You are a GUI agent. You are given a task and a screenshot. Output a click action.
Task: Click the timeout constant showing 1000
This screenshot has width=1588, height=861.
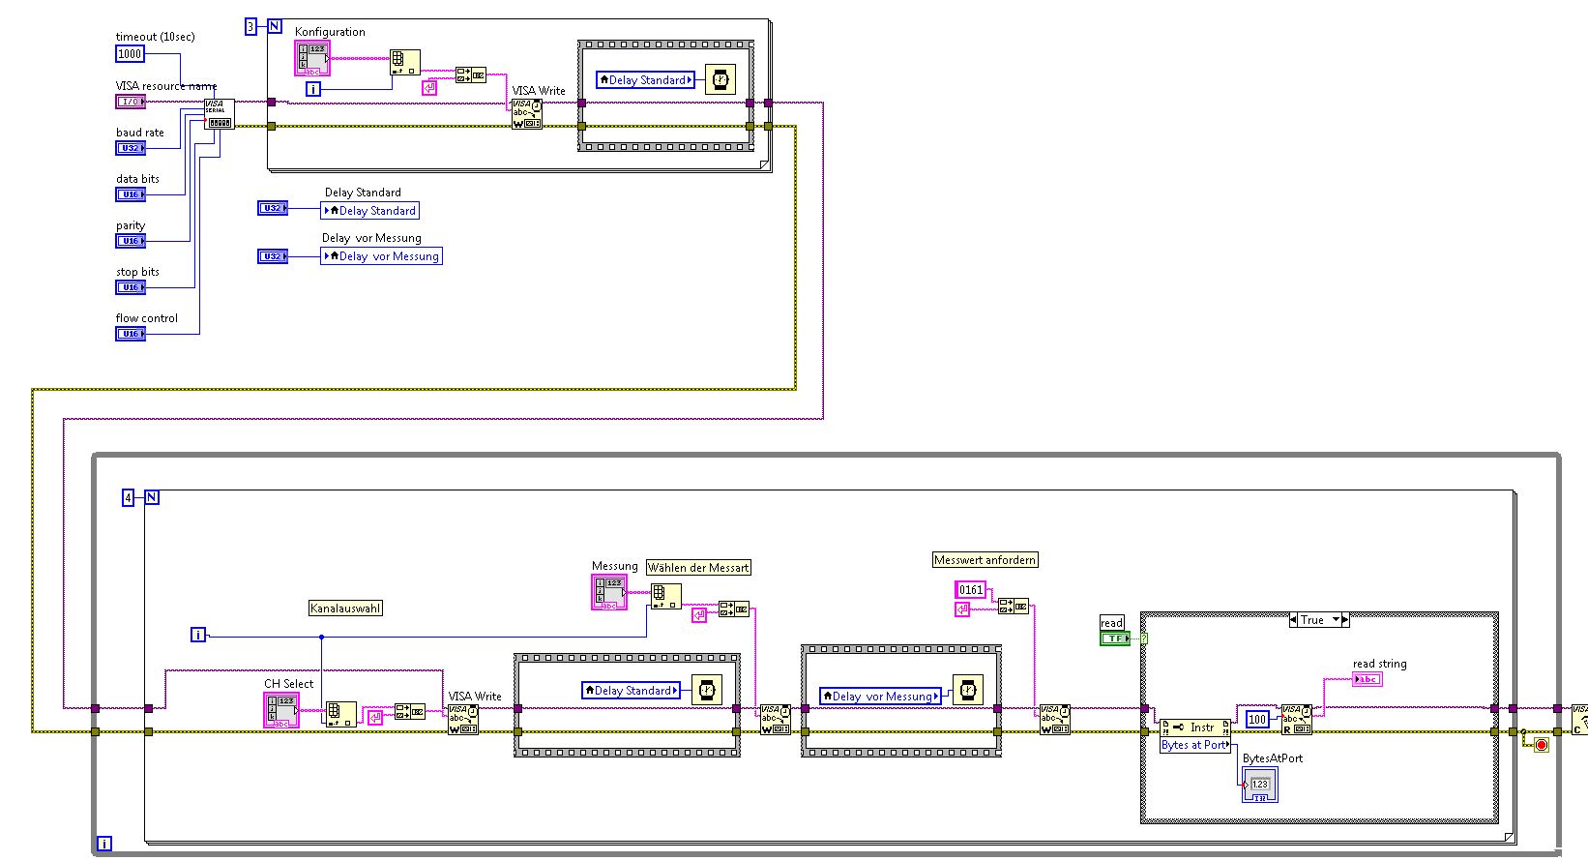click(130, 54)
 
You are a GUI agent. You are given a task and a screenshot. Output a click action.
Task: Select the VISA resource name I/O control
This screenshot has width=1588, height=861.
click(130, 102)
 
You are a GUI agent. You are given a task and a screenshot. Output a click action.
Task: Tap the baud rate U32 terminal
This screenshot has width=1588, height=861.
click(130, 148)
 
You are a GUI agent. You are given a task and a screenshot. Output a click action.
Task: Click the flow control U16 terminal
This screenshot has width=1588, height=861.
click(130, 334)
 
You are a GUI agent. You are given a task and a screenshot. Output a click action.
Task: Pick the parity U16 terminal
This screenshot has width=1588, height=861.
click(130, 241)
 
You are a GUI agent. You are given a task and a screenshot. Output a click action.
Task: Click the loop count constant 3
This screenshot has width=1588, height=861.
click(250, 27)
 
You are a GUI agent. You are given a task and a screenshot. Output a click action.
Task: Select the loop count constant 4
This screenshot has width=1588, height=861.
click(128, 497)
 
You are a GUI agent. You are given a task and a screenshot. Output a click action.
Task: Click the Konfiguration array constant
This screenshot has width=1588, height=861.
click(312, 59)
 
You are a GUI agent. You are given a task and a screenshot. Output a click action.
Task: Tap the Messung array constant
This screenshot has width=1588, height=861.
click(608, 592)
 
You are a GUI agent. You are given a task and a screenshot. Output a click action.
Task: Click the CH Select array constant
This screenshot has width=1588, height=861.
click(281, 710)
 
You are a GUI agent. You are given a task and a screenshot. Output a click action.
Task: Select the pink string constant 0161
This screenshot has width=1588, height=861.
click(970, 589)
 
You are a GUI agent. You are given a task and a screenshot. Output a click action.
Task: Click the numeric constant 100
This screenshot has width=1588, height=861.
click(1256, 719)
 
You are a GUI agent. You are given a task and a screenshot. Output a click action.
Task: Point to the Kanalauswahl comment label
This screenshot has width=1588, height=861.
click(345, 609)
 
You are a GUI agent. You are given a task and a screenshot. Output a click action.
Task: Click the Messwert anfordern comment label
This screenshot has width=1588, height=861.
click(985, 560)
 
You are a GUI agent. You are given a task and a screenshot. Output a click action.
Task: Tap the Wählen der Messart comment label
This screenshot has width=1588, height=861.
click(698, 568)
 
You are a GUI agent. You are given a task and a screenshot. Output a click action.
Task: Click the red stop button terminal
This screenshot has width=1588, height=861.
click(1541, 744)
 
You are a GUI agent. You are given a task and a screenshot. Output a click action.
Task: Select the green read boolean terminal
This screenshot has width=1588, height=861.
click(1114, 638)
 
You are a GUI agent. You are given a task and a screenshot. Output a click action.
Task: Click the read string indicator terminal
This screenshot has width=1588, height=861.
click(1367, 679)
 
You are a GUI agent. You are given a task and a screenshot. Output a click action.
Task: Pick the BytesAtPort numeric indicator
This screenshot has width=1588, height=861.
click(1259, 785)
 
